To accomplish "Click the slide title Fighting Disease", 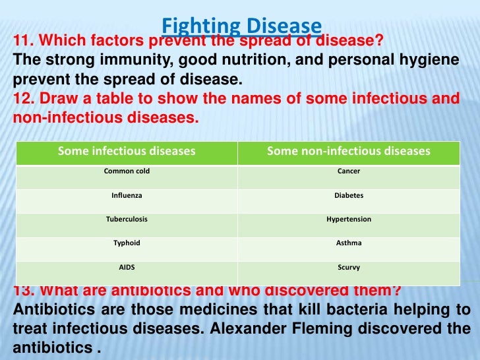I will pos(241,26).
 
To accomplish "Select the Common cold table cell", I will pos(127,171).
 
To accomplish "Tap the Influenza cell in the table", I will pos(127,196).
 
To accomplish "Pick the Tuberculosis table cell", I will pos(127,220).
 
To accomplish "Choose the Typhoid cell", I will pos(127,243).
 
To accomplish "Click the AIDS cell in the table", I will pos(127,268).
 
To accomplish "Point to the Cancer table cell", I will pos(348,171).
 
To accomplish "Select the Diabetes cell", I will pos(348,196).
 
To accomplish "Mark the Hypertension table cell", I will pos(348,220).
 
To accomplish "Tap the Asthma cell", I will pos(348,243).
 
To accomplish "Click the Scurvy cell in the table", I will pos(348,268).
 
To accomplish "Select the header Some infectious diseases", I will pos(127,152).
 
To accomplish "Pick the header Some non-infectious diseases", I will pos(348,152).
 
